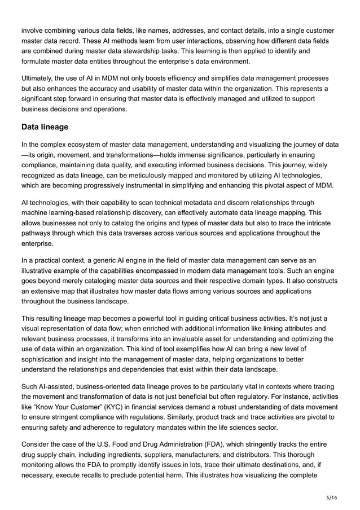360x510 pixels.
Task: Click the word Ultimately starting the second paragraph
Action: pos(38,77)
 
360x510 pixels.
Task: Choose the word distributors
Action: pos(288,455)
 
